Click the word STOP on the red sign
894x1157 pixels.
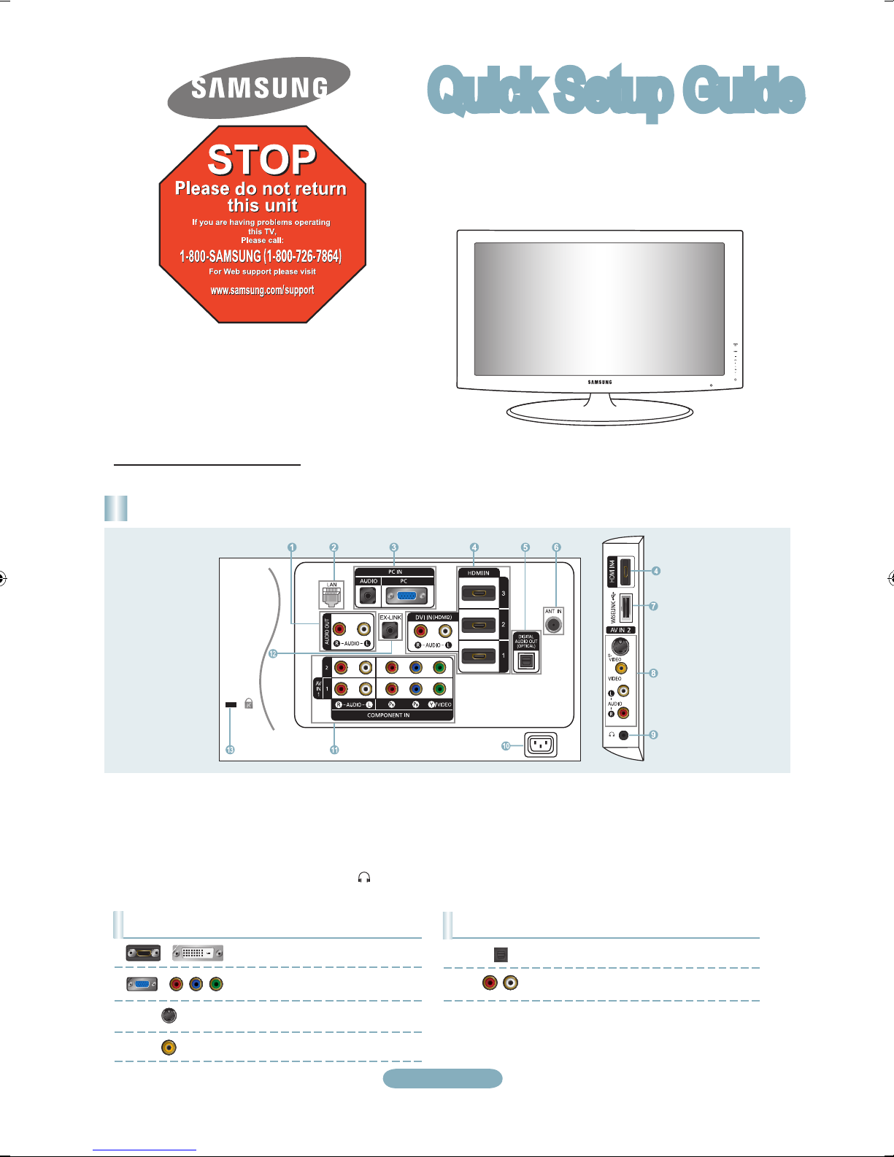click(x=261, y=159)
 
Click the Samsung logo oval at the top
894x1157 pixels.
click(x=259, y=88)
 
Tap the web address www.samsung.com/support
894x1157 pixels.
click(x=262, y=290)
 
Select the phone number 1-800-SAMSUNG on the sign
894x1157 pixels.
click(x=261, y=256)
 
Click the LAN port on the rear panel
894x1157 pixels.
click(x=332, y=597)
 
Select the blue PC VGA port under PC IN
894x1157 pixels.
click(x=407, y=596)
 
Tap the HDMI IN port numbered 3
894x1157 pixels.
click(x=479, y=593)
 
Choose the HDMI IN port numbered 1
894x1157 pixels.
click(x=479, y=656)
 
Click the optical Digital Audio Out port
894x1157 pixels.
click(x=526, y=661)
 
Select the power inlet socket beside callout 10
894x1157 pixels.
click(x=541, y=745)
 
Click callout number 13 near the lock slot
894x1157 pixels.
click(x=230, y=750)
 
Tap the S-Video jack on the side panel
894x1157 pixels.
click(x=620, y=646)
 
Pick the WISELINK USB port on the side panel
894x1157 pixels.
click(x=625, y=606)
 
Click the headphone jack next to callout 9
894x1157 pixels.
click(x=623, y=735)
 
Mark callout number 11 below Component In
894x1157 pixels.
click(x=334, y=750)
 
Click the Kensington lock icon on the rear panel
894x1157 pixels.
click(x=249, y=704)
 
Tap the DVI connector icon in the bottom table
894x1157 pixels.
click(x=198, y=953)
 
